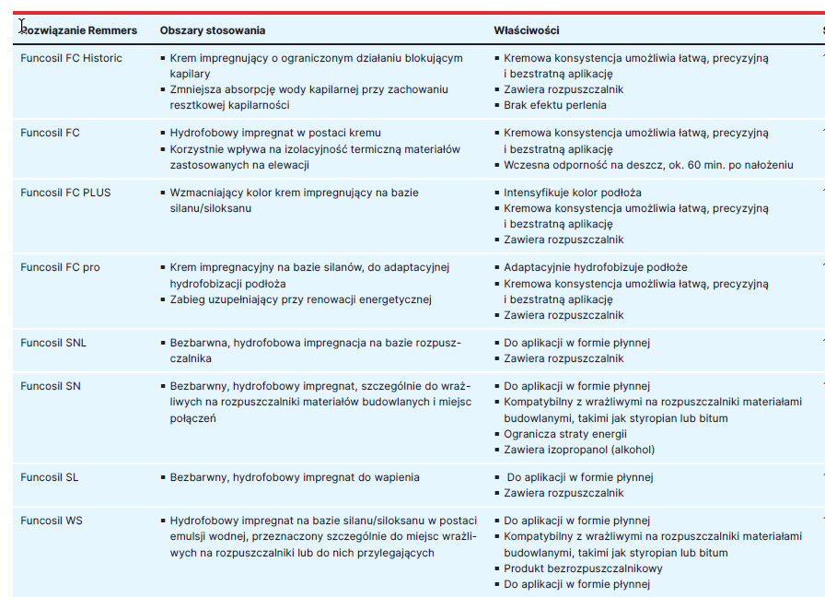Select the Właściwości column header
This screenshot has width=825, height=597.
pos(526,30)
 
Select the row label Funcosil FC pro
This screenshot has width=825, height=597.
pos(60,267)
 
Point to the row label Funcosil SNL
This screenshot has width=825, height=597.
pos(53,343)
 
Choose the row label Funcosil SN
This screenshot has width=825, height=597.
pos(51,386)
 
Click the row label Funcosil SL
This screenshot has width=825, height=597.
pos(50,477)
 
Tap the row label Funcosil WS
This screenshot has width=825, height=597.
pos(52,521)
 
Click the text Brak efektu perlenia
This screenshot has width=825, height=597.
pos(554,105)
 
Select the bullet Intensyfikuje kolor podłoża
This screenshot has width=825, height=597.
pos(572,193)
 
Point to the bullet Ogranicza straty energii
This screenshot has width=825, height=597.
pos(564,434)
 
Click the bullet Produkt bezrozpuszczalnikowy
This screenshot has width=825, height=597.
pos(583,568)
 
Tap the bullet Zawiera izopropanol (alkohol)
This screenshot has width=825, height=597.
pos(579,450)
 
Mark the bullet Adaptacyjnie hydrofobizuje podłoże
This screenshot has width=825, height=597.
pos(595,267)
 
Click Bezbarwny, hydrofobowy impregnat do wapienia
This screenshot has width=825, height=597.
pos(295,477)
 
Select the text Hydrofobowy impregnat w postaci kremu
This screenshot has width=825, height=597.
pos(275,133)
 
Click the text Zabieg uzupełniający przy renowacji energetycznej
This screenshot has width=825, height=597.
pos(300,298)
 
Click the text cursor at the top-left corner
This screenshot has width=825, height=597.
pos(23,27)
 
